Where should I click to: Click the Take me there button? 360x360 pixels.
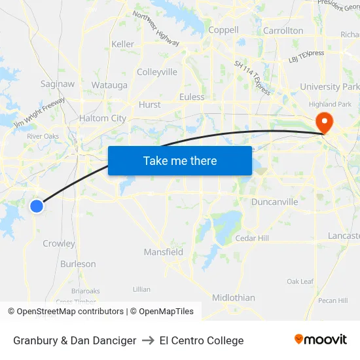180,160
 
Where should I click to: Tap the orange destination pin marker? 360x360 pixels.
324,122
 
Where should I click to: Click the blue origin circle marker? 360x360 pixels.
37,206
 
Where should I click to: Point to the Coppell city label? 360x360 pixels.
223,30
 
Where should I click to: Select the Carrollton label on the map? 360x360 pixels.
283,31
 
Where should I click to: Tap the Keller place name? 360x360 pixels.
123,44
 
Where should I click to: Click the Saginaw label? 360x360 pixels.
58,84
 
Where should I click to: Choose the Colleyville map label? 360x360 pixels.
157,72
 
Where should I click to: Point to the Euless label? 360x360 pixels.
192,97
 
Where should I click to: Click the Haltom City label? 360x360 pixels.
102,118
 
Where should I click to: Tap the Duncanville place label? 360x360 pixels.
274,202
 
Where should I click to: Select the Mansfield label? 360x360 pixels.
164,252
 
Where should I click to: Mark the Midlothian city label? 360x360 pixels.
234,298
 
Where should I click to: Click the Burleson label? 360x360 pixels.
78,264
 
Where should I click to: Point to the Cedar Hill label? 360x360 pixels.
252,238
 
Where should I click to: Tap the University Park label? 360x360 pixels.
329,86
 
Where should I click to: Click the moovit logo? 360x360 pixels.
321,340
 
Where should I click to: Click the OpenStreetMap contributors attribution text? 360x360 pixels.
70,312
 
